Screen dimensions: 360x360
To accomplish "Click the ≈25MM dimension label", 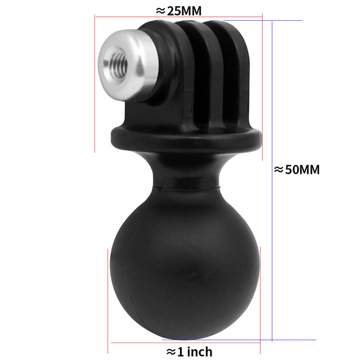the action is click(179, 11).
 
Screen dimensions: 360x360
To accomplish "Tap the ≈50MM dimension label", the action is click(296, 170).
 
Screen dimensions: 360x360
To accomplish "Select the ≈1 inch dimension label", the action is click(189, 352).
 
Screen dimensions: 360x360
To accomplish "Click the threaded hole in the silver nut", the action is click(118, 66).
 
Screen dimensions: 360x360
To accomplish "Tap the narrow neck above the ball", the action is click(186, 172).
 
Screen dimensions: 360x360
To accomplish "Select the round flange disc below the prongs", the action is click(186, 139).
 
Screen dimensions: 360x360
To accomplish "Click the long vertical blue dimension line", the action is click(272, 181).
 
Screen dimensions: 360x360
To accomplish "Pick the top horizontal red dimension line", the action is click(179, 17).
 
